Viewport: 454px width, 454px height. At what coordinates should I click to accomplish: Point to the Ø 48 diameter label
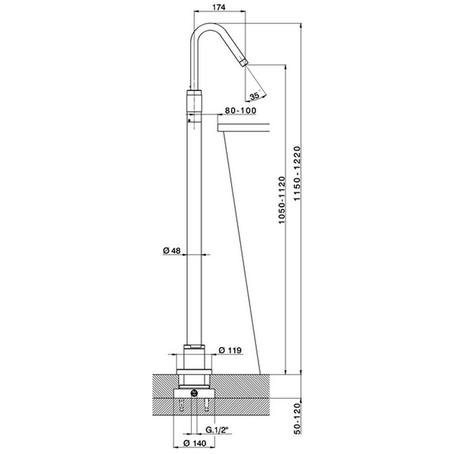tap(171, 251)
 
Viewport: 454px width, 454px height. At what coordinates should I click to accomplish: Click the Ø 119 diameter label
tap(230, 350)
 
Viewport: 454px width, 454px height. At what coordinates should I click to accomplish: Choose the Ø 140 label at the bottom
tap(195, 443)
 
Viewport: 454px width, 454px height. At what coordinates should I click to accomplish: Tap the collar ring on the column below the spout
tap(194, 101)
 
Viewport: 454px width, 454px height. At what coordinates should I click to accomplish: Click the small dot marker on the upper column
tap(189, 121)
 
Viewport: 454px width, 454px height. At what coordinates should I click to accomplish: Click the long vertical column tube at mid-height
tap(194, 227)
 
